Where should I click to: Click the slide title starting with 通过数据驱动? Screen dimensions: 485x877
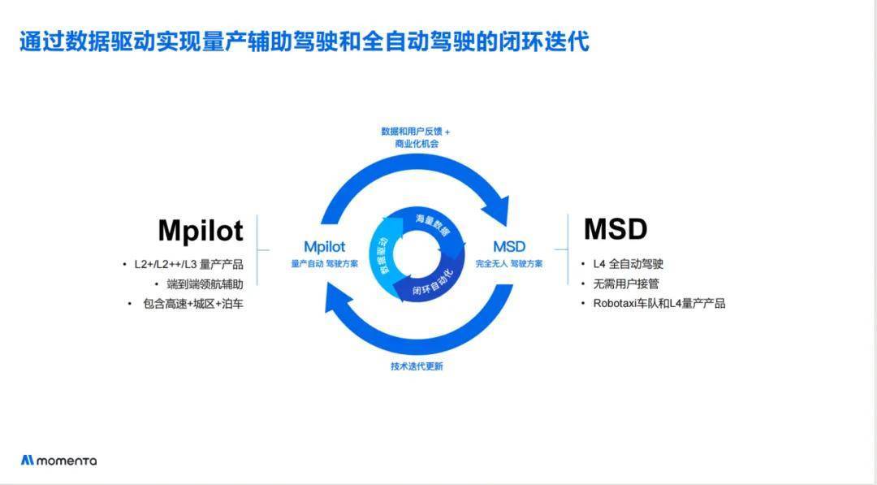(x=304, y=41)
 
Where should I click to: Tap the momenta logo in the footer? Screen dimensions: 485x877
(x=58, y=461)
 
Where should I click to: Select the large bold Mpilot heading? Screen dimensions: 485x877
(x=200, y=231)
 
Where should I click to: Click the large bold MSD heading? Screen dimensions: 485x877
(x=616, y=229)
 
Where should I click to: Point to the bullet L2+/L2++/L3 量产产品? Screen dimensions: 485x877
(x=188, y=264)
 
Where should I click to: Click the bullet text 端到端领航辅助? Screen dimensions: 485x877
(x=205, y=284)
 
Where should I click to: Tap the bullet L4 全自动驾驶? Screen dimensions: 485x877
(x=628, y=264)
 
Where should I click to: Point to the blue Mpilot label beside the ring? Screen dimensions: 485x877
(x=324, y=246)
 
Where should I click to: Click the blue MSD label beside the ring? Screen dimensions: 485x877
(x=509, y=246)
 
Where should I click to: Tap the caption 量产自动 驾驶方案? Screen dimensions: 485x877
(x=324, y=264)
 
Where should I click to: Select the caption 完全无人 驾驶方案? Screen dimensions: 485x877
(x=509, y=264)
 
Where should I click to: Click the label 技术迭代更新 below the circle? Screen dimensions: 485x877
(x=417, y=366)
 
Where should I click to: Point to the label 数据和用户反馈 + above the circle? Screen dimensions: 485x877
(x=416, y=131)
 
